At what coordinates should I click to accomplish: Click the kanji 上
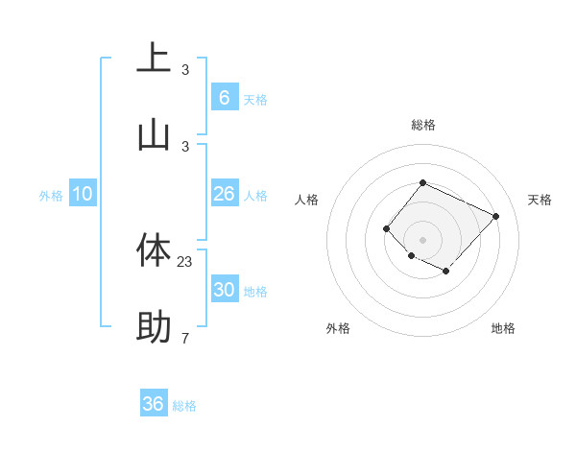click(154, 59)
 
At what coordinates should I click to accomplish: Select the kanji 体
click(154, 250)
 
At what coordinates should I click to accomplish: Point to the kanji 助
click(154, 327)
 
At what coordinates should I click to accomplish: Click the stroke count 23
click(185, 261)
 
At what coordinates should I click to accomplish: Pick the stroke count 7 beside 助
click(185, 338)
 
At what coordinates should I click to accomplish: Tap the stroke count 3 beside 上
click(185, 69)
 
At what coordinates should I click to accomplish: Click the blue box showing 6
click(224, 97)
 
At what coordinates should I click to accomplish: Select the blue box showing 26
click(224, 194)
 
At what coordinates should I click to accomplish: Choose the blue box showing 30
click(224, 290)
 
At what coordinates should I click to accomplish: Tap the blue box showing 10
click(83, 194)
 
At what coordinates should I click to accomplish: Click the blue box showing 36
click(154, 404)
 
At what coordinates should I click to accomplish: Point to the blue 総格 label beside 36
click(184, 406)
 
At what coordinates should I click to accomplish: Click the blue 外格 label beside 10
click(51, 196)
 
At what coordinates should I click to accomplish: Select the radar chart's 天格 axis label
click(540, 200)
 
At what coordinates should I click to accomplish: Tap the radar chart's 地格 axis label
click(503, 328)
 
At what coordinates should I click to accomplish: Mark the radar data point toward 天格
click(495, 216)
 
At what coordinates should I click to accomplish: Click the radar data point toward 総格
click(422, 182)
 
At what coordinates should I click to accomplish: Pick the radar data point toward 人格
click(386, 228)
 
